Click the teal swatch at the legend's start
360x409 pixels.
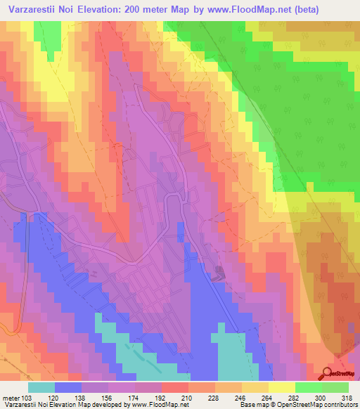41,387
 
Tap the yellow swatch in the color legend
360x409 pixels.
281,387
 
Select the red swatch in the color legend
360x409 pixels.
176,387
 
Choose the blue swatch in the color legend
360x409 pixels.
67,387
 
